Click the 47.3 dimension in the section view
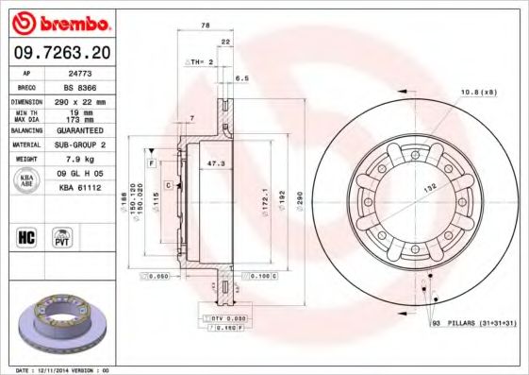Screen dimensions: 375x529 [x=214, y=163]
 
